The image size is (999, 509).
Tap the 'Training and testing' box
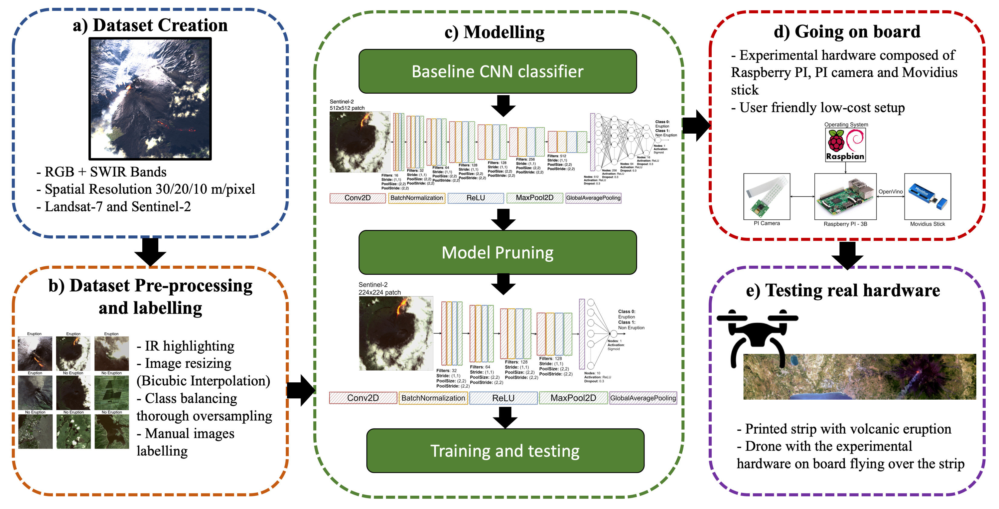click(x=505, y=451)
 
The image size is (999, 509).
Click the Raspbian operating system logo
click(x=845, y=145)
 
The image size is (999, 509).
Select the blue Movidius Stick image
click(x=927, y=196)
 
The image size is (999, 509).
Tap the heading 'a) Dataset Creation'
click(x=150, y=25)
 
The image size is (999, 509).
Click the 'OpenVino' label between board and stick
click(x=890, y=191)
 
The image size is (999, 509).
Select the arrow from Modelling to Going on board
click(x=696, y=125)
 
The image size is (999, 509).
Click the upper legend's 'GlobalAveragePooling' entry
click(x=593, y=198)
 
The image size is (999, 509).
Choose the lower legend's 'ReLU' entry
click(x=503, y=398)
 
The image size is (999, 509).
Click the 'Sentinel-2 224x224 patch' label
click(x=379, y=288)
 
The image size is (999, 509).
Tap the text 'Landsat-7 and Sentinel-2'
click(x=117, y=207)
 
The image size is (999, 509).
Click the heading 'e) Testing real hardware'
click(x=843, y=291)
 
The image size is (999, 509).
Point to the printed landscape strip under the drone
click(x=859, y=377)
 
